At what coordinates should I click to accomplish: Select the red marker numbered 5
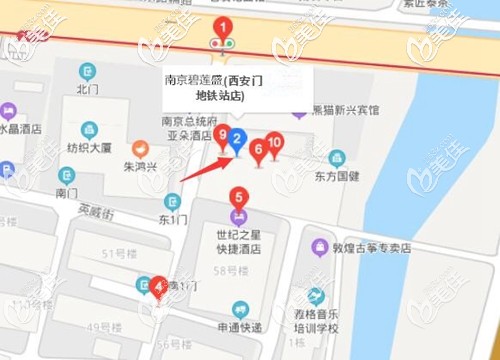coord(238,198)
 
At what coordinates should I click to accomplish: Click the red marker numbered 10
coord(275,144)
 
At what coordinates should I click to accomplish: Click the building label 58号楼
coord(232,270)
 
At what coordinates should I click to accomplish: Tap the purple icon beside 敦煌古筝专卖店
coord(319,246)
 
